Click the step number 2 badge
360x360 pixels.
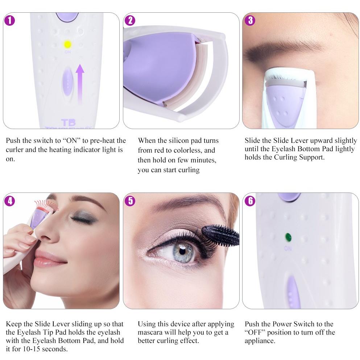tap(130, 21)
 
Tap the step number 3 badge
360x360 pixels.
tap(250, 21)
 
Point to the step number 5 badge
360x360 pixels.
tap(130, 201)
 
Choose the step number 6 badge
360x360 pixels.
tap(250, 201)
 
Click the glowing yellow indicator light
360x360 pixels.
tap(67, 45)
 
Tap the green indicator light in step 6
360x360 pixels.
tap(288, 237)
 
